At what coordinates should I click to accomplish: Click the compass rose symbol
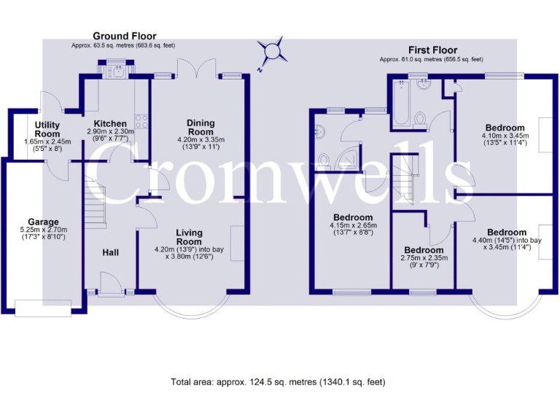(x=273, y=51)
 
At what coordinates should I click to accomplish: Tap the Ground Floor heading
(x=124, y=36)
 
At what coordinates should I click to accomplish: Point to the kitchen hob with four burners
(x=142, y=122)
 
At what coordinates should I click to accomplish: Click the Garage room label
(x=43, y=222)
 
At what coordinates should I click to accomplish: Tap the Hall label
(x=110, y=252)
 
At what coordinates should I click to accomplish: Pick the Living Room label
(x=189, y=237)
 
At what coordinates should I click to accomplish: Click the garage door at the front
(x=43, y=308)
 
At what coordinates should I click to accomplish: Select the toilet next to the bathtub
(x=421, y=119)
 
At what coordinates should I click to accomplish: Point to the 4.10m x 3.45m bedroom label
(x=503, y=128)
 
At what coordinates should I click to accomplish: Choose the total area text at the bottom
(x=278, y=381)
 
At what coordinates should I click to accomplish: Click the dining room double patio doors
(x=198, y=70)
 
